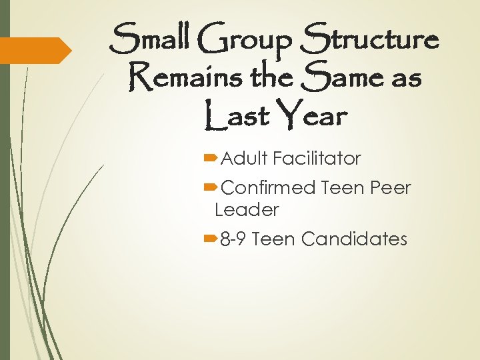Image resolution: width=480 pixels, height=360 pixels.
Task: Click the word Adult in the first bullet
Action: click(x=244, y=159)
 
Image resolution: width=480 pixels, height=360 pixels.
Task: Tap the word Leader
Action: click(x=247, y=210)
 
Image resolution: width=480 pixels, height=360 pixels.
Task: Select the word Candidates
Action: click(x=354, y=239)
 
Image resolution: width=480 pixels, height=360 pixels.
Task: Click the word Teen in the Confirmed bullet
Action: click(x=340, y=187)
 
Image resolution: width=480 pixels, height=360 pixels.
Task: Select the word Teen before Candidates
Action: click(x=274, y=239)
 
